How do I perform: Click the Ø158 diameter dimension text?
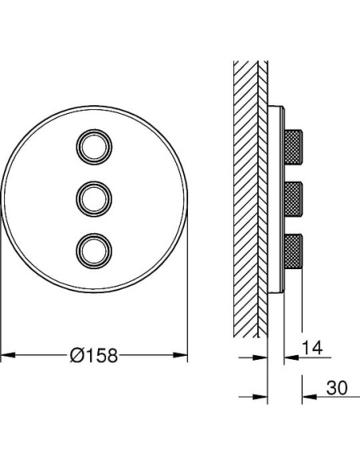[x=94, y=355]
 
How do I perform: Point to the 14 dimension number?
[x=312, y=348]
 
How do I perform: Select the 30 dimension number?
[x=337, y=388]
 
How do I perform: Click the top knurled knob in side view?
[x=293, y=147]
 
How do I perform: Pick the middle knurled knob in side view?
[x=293, y=199]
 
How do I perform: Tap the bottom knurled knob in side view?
[x=293, y=251]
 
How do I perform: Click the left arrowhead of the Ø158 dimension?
[x=8, y=355]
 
